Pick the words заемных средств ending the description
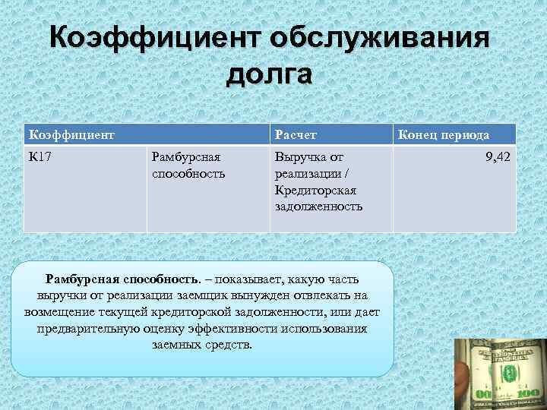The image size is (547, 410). [201, 345]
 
